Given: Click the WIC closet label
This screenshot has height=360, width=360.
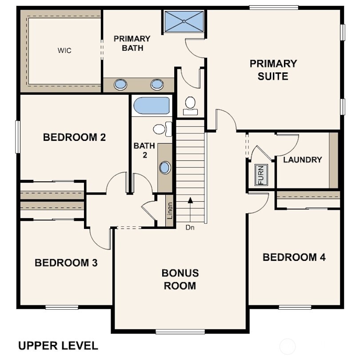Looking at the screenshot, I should point(64,50).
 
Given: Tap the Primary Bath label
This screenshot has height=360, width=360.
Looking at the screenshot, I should point(132,43).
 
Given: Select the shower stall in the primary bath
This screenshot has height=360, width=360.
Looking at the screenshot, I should point(184,21).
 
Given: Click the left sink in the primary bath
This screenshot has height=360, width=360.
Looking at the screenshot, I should point(120,84).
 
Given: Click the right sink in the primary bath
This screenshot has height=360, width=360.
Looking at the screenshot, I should point(157,84).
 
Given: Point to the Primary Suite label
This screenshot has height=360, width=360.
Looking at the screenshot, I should point(273,70).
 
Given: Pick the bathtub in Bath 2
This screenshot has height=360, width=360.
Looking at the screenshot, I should point(152,106).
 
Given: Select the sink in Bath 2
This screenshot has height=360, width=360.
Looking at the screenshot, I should point(165,168).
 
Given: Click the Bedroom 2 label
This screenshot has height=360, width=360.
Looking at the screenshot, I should point(74,137).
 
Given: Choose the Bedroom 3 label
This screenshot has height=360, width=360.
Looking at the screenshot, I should point(66,263).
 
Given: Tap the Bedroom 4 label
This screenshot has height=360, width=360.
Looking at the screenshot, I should point(294,257).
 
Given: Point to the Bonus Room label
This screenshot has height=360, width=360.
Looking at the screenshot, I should point(180,279).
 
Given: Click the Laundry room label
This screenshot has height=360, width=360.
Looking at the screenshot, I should point(302,160).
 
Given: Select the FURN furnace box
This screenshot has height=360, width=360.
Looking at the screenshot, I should point(260,175).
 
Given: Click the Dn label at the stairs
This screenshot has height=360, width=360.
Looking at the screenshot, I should point(190,228).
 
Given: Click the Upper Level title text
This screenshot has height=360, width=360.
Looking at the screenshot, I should point(58,345).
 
